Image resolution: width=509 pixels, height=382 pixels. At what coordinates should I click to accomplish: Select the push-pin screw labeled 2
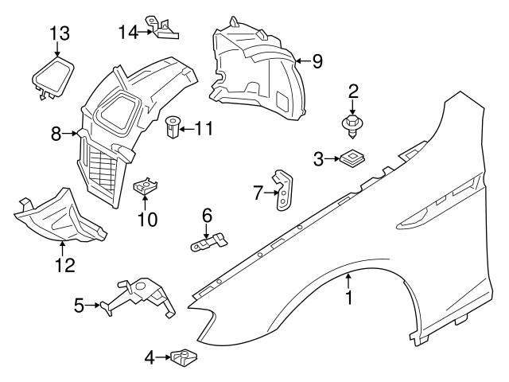point(351,123)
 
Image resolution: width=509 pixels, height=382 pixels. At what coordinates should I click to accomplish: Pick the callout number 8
point(56,134)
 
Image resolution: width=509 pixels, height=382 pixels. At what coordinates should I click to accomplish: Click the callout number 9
point(317,60)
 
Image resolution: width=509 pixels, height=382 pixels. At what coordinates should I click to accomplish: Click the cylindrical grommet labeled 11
point(172,127)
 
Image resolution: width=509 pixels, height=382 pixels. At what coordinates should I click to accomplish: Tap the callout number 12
point(61,264)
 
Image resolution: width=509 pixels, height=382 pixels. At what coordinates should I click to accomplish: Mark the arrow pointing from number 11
point(187,127)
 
